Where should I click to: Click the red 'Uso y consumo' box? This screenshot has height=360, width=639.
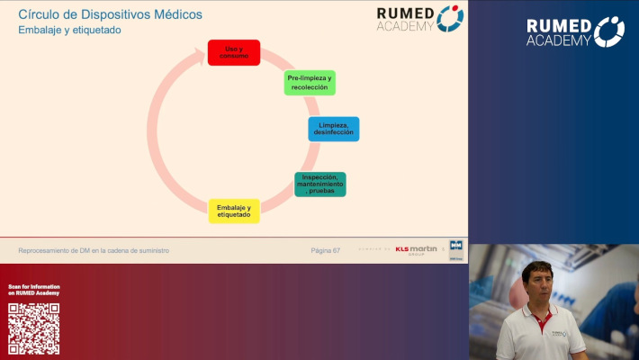tap(234, 52)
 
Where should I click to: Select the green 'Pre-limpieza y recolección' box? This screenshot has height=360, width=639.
tap(310, 83)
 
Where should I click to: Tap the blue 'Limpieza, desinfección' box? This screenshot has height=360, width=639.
tap(333, 129)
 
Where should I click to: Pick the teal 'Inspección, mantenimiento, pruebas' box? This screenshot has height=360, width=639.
tap(319, 184)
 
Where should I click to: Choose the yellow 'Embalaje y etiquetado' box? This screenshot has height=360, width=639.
tap(234, 211)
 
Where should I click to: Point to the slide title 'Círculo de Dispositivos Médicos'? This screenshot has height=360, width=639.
tap(110, 14)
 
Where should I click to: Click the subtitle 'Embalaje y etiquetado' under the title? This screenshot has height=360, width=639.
tap(69, 30)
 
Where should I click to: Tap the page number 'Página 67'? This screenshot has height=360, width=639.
tap(325, 249)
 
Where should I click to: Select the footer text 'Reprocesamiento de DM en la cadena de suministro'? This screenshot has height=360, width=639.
tap(94, 249)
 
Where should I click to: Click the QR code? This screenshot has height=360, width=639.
tap(34, 328)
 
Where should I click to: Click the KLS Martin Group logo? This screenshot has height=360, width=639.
tap(415, 249)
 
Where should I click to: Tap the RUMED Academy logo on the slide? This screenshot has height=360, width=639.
tap(419, 18)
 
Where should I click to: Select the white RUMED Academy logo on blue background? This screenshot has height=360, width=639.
tap(575, 31)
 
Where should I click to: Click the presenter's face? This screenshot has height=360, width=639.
tap(537, 283)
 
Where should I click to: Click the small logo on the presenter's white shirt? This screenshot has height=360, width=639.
tap(557, 334)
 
